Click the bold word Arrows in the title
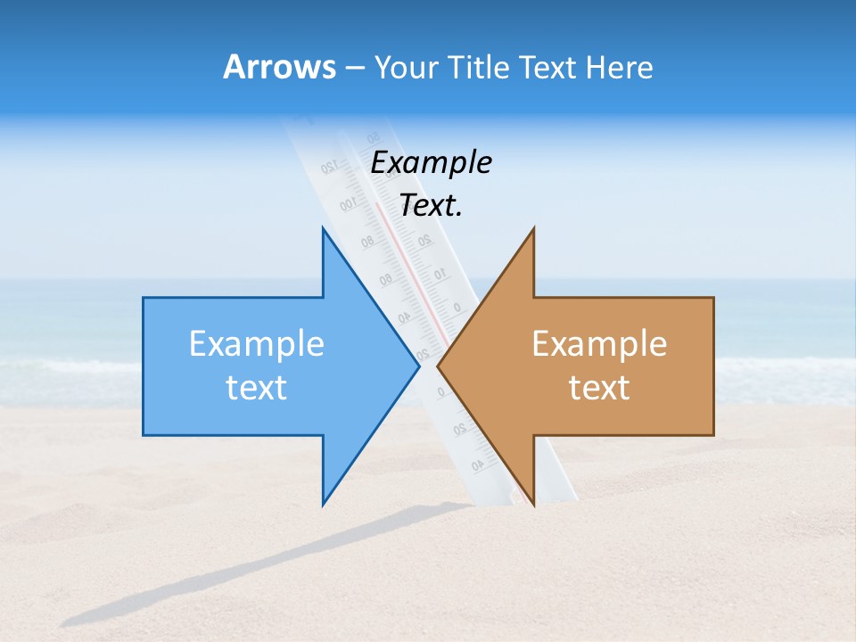(x=279, y=67)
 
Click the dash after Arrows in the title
(x=354, y=68)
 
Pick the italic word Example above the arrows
(x=431, y=162)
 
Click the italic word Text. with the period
(x=431, y=205)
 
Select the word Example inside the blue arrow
(x=256, y=343)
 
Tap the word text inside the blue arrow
(x=256, y=388)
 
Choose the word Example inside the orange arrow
(x=599, y=343)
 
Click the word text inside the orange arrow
(x=599, y=388)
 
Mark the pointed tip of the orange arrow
(x=439, y=365)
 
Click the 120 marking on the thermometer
(x=328, y=167)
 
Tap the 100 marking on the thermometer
(x=348, y=205)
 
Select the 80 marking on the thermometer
(x=367, y=242)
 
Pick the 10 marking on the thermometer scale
(x=440, y=272)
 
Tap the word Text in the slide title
(x=547, y=67)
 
